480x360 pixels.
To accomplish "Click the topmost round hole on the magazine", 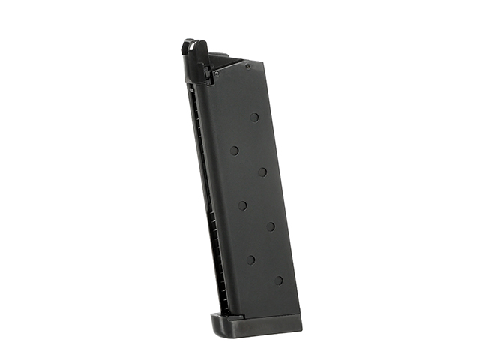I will click(x=254, y=117).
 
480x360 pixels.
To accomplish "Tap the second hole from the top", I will click(x=234, y=150).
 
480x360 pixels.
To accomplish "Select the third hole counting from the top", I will click(x=262, y=172).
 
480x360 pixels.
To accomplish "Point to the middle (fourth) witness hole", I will click(x=242, y=205).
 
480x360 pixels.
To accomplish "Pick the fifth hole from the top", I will click(x=270, y=226).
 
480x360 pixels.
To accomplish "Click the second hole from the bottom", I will click(x=250, y=259).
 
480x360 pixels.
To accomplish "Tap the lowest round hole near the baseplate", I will click(x=278, y=280).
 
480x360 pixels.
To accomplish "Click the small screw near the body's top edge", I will click(x=247, y=66).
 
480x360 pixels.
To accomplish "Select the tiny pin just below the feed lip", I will click(x=217, y=73).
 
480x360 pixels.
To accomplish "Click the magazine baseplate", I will click(x=255, y=324).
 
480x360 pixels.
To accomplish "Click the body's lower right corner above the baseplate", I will click(x=298, y=311).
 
